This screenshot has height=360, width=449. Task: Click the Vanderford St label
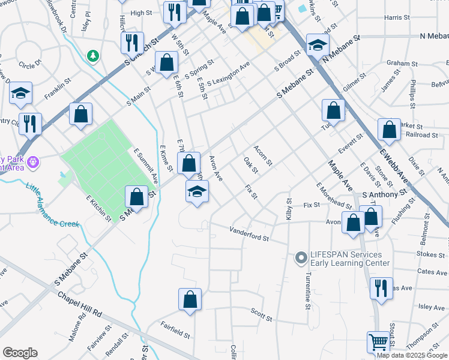point(249,233)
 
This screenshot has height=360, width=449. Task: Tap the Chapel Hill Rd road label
point(80,305)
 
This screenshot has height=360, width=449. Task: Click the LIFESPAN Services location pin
point(301,258)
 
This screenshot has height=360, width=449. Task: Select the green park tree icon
point(92,56)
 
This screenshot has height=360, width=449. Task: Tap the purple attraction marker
point(32,161)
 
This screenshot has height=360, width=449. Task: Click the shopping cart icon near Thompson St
point(379,342)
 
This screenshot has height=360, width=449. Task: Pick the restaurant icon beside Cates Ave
point(381,287)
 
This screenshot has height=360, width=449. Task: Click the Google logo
point(20,353)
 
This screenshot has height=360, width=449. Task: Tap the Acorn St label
point(263,155)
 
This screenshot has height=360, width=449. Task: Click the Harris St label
point(397,18)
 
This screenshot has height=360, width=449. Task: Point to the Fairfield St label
point(175,329)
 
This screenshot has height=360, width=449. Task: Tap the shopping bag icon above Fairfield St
point(190,299)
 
